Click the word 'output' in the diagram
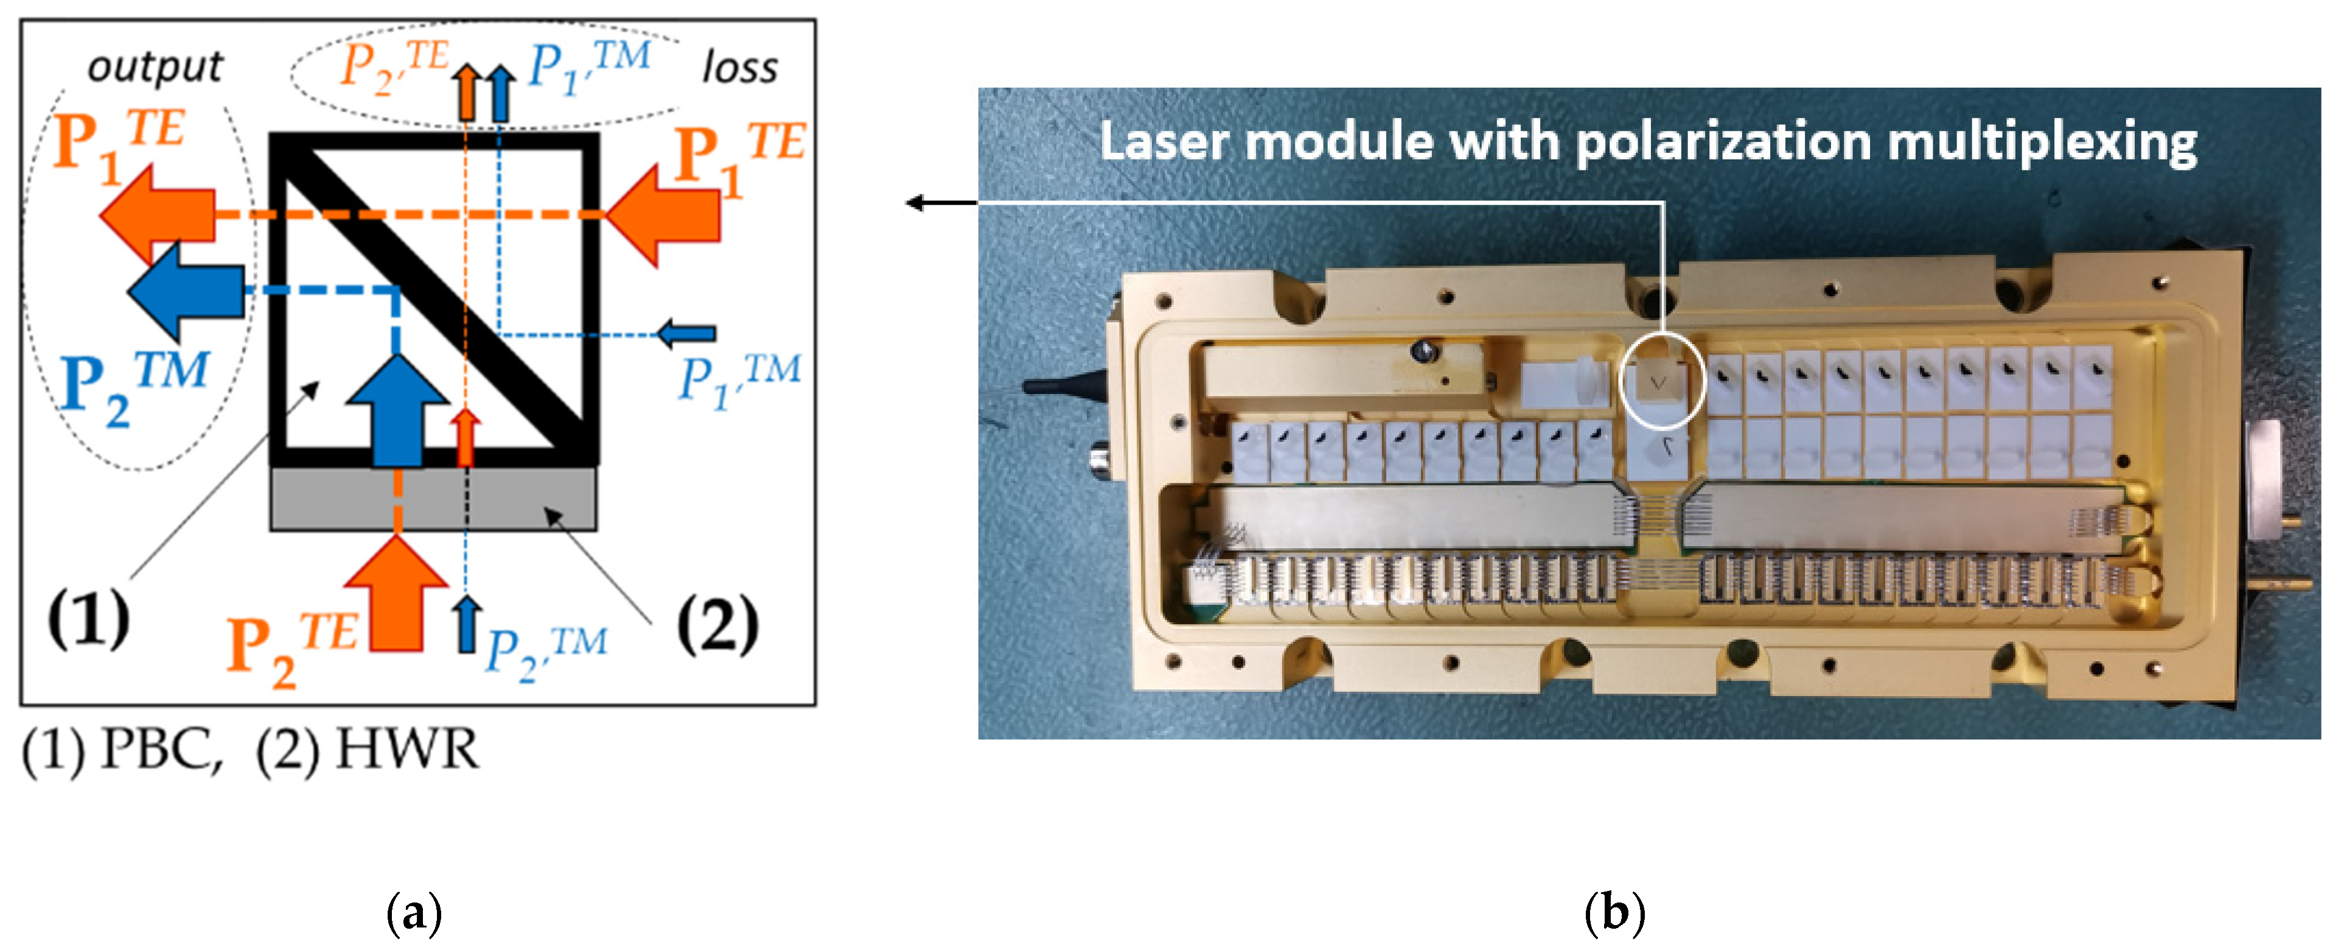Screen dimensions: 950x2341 [x=155, y=67]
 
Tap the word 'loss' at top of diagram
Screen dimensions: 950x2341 [x=740, y=68]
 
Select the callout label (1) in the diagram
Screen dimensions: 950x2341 [x=88, y=618]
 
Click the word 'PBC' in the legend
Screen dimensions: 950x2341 [x=161, y=751]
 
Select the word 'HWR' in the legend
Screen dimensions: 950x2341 [x=406, y=751]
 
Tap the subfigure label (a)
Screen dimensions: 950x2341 [x=414, y=912]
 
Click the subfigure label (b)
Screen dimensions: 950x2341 [x=1614, y=912]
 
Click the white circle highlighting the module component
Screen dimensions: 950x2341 [x=1662, y=379]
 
